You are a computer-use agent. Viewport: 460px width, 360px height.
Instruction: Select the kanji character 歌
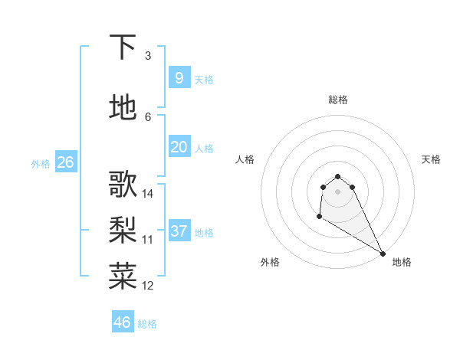[x=123, y=185]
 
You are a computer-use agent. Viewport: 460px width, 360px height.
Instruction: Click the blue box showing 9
[x=179, y=77]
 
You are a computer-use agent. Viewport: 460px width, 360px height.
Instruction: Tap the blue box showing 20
[x=179, y=147]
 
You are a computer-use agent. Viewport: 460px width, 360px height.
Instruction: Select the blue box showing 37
[x=179, y=231]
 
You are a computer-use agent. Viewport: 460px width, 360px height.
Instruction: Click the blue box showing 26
[x=65, y=162]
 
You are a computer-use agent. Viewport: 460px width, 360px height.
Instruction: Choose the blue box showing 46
[x=122, y=322]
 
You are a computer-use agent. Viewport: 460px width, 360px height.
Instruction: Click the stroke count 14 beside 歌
[x=148, y=194]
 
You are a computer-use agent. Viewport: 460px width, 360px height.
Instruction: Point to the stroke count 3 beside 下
[x=148, y=56]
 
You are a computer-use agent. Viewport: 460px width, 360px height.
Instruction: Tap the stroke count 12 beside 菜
[x=148, y=286]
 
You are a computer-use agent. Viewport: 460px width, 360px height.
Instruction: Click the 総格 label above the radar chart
[x=338, y=100]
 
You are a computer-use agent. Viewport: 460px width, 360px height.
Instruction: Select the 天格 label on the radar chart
[x=431, y=159]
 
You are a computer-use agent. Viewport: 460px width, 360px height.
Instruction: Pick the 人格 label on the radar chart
[x=245, y=159]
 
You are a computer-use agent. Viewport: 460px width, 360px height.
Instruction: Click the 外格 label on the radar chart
[x=270, y=262]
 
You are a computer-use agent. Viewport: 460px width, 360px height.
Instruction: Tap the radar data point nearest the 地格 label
[x=383, y=254]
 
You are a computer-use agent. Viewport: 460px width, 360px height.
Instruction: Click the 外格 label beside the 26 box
[x=40, y=164]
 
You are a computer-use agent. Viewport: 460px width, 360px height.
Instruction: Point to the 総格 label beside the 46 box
[x=147, y=324]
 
